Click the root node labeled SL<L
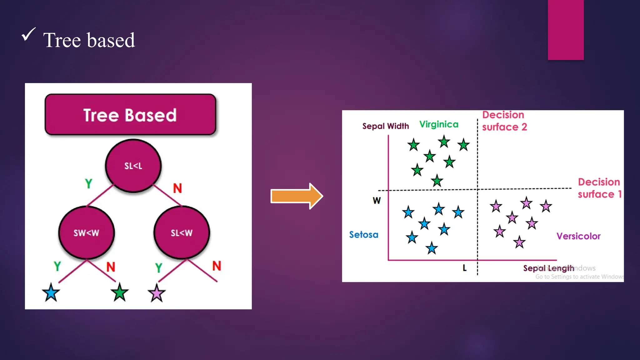coord(133,166)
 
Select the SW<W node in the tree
coord(87,232)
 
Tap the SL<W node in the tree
coord(182,232)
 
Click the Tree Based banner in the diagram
coord(130,115)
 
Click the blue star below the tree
coord(51,293)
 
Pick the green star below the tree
coord(119,293)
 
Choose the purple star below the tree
coord(156,293)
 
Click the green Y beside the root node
coord(89,183)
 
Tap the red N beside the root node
coord(177,188)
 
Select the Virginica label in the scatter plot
coord(439,124)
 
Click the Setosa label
coord(364,234)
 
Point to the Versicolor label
coord(578,236)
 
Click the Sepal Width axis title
coord(386,126)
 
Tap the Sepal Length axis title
coord(548,268)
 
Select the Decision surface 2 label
coord(504,121)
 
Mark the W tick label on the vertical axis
coord(377,200)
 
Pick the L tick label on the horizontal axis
coord(465,268)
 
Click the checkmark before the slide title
coord(28,34)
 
